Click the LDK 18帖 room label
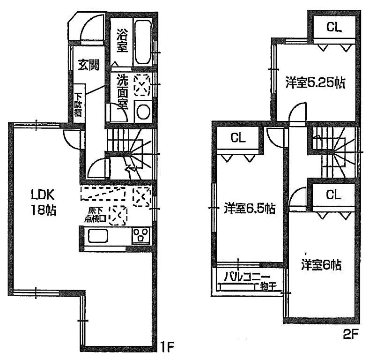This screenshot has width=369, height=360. point(44,201)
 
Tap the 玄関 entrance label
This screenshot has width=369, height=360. point(88,65)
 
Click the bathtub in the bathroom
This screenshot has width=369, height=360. point(142,42)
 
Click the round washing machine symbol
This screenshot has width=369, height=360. point(143,111)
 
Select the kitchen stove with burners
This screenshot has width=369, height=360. point(140,235)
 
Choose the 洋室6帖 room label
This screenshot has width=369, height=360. point(321,265)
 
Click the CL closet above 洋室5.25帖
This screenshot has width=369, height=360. point(334,27)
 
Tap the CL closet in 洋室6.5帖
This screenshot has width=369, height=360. point(238,138)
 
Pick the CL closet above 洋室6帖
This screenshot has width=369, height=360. point(334,195)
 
